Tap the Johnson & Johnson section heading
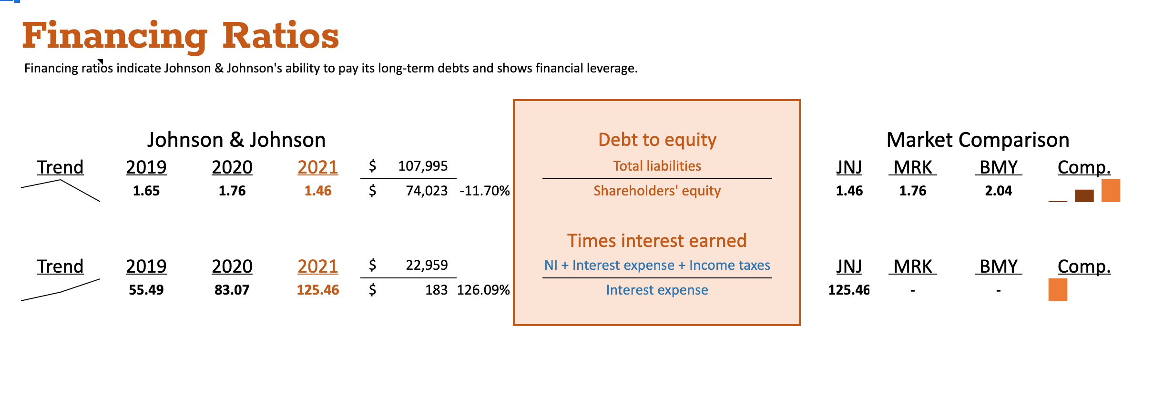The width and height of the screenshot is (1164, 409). click(x=236, y=140)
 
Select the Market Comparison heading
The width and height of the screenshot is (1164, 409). click(x=978, y=140)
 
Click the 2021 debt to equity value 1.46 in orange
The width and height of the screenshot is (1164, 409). click(x=318, y=191)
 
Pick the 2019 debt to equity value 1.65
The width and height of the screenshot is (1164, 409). click(x=146, y=191)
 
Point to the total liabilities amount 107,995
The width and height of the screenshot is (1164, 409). click(x=423, y=166)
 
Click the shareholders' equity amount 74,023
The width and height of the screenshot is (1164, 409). click(x=427, y=191)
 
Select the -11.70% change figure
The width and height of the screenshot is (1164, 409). click(x=484, y=191)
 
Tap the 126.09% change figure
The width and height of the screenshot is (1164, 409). click(x=483, y=290)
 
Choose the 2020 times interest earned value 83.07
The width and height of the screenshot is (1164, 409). click(x=232, y=290)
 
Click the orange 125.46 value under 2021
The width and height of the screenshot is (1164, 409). click(x=318, y=290)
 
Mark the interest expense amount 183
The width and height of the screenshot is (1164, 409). click(x=436, y=290)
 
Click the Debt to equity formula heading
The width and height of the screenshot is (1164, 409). click(x=657, y=140)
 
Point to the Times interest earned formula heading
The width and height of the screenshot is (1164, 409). click(x=657, y=241)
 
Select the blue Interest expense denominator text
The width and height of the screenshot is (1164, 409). click(x=657, y=290)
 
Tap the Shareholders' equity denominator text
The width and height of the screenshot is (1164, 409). click(x=657, y=191)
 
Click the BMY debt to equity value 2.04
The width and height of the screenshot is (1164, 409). click(x=998, y=191)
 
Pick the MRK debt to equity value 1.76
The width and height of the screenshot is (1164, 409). click(x=912, y=191)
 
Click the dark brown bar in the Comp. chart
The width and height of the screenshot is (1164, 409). click(x=1084, y=195)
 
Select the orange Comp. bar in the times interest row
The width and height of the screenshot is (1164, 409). click(x=1058, y=290)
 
